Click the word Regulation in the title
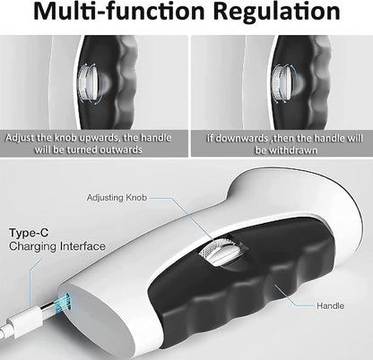[277, 12]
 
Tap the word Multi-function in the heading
[118, 11]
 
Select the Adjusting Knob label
[117, 198]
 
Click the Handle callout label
[330, 306]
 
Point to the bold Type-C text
[29, 233]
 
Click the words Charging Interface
[57, 246]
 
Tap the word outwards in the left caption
[119, 150]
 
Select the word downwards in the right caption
[237, 139]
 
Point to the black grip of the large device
[239, 287]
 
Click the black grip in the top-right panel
[302, 82]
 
